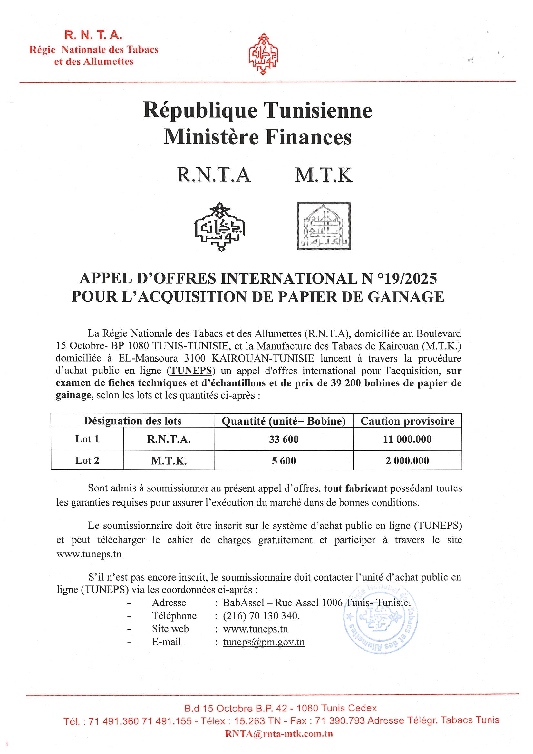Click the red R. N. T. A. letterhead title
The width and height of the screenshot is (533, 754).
click(x=93, y=35)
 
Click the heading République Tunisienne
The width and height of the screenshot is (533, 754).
click(x=257, y=111)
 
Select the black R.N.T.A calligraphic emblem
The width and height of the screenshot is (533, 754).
click(x=220, y=227)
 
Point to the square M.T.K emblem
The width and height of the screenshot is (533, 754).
click(x=324, y=226)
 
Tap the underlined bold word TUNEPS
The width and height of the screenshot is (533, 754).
click(x=191, y=371)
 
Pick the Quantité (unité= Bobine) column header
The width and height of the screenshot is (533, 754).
click(x=283, y=421)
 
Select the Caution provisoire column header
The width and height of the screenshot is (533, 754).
click(x=407, y=421)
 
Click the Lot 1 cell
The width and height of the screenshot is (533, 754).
click(x=87, y=439)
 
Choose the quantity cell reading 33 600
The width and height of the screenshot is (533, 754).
click(x=283, y=440)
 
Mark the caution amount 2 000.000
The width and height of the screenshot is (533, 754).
click(x=407, y=461)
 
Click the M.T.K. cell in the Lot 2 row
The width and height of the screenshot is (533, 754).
click(x=169, y=461)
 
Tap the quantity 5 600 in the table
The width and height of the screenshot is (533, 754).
click(x=283, y=461)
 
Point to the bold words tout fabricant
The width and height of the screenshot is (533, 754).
click(x=355, y=488)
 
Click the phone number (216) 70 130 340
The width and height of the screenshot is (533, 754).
click(x=261, y=616)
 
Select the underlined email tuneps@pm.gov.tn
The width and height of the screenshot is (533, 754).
click(x=264, y=642)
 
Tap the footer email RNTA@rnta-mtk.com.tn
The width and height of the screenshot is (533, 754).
click(x=279, y=734)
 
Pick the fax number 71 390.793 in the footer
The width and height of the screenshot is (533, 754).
click(x=340, y=720)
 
